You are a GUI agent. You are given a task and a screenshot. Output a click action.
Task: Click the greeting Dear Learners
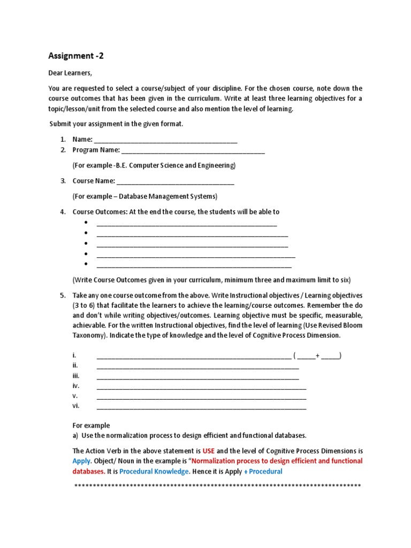70,73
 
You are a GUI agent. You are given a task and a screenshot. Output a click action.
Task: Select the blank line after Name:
165,140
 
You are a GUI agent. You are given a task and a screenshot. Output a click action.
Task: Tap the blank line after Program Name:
193,150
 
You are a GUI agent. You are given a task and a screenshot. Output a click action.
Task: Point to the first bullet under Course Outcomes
86,223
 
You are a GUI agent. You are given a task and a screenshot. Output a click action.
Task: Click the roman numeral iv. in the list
75,385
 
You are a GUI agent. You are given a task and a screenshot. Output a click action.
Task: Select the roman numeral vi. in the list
75,406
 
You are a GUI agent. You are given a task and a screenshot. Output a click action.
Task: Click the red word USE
208,451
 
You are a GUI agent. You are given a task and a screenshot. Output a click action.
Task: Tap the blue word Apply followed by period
81,461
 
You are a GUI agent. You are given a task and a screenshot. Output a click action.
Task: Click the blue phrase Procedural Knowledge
154,471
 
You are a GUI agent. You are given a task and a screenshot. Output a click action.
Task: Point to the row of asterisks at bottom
217,486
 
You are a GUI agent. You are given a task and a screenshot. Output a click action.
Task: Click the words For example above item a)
91,425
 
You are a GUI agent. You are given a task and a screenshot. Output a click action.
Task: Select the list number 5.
63,295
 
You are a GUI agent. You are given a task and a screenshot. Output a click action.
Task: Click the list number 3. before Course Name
63,181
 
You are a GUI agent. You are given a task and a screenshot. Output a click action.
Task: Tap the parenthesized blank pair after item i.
317,355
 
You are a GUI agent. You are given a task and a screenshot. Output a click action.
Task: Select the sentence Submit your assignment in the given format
116,124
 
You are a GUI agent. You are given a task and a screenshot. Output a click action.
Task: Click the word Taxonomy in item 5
88,335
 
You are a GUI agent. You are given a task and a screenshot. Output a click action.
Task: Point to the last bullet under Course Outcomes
86,264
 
